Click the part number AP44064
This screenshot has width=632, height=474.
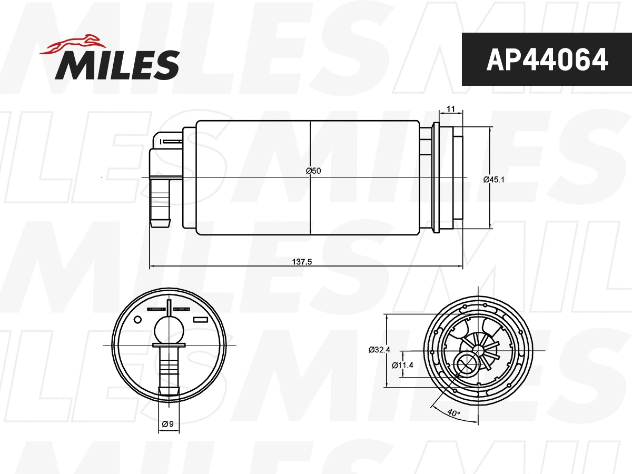(x=547, y=60)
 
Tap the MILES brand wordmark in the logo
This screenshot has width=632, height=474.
(x=117, y=65)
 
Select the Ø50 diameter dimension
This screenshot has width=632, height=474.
(x=313, y=171)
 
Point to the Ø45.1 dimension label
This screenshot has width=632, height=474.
(x=494, y=180)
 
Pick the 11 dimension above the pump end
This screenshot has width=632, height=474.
(x=450, y=108)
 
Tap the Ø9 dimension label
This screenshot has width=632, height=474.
(x=168, y=423)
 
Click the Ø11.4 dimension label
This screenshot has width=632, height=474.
(x=403, y=364)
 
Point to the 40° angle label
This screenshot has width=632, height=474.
(x=452, y=412)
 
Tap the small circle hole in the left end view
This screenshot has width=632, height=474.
(x=139, y=320)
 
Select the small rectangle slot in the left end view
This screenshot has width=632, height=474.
(x=201, y=320)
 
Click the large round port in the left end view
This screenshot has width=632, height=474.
(x=169, y=331)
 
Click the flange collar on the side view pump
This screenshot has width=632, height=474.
(x=436, y=177)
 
